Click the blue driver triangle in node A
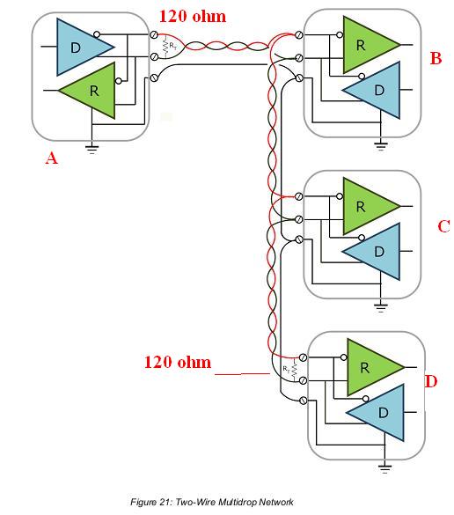pos(80,47)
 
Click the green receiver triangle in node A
pos(92,91)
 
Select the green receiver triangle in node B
pos(367,44)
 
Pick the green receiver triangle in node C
pos(367,206)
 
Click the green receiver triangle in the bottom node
pos(371,367)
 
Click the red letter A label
pos(51,158)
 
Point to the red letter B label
pos(436,58)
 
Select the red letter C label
pos(443,226)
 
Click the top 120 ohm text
pos(193,17)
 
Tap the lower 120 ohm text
pos(178,362)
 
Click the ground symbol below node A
pos(92,149)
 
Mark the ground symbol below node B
pos(380,145)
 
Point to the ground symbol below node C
pos(380,307)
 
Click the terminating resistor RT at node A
pos(165,47)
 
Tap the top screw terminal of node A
pos(154,34)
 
